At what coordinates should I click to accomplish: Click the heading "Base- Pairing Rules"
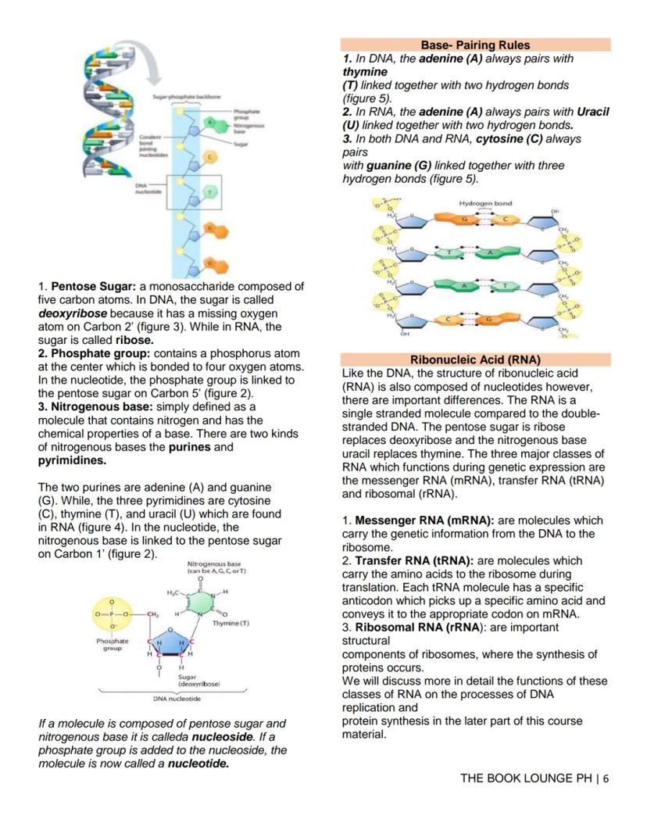[475, 45]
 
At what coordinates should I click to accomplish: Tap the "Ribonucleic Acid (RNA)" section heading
[475, 360]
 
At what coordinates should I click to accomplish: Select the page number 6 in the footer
[606, 779]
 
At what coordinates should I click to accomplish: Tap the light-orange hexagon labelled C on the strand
[209, 157]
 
